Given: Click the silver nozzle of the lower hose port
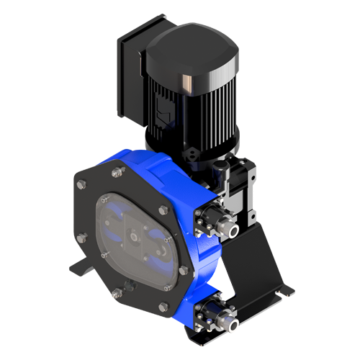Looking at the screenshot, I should [x=235, y=324].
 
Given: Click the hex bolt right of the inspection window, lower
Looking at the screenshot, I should [x=184, y=271].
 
